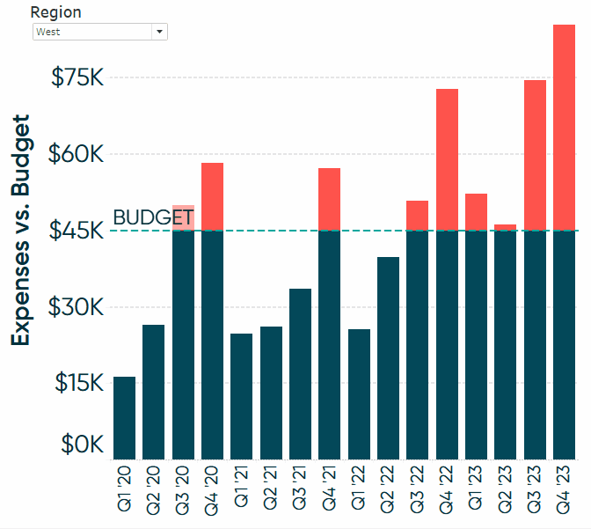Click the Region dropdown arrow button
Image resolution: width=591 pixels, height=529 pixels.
click(x=159, y=32)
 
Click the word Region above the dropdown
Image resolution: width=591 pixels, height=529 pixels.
click(x=55, y=12)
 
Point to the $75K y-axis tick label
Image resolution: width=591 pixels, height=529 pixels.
click(x=77, y=77)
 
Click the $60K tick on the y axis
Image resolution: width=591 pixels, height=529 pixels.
click(x=77, y=154)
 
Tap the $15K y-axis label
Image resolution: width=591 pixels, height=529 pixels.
click(x=79, y=383)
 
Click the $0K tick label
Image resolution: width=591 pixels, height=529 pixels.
click(x=83, y=445)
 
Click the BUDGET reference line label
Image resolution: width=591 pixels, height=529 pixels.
click(x=153, y=217)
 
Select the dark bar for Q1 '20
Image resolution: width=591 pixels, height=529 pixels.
click(x=124, y=418)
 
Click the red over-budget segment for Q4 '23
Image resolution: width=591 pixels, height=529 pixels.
click(x=564, y=128)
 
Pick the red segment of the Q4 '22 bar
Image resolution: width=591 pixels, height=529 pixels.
click(x=447, y=159)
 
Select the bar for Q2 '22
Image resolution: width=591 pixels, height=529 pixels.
click(x=388, y=357)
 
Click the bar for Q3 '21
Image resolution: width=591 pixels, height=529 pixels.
click(x=300, y=373)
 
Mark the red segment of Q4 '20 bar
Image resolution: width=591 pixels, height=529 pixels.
click(x=212, y=196)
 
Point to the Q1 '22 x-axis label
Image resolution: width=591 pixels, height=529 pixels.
click(x=359, y=489)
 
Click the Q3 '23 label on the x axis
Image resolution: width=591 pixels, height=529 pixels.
click(x=535, y=489)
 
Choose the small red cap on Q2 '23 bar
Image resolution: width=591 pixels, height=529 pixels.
click(x=506, y=228)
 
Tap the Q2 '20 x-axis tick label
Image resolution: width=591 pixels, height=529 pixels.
click(x=153, y=489)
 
